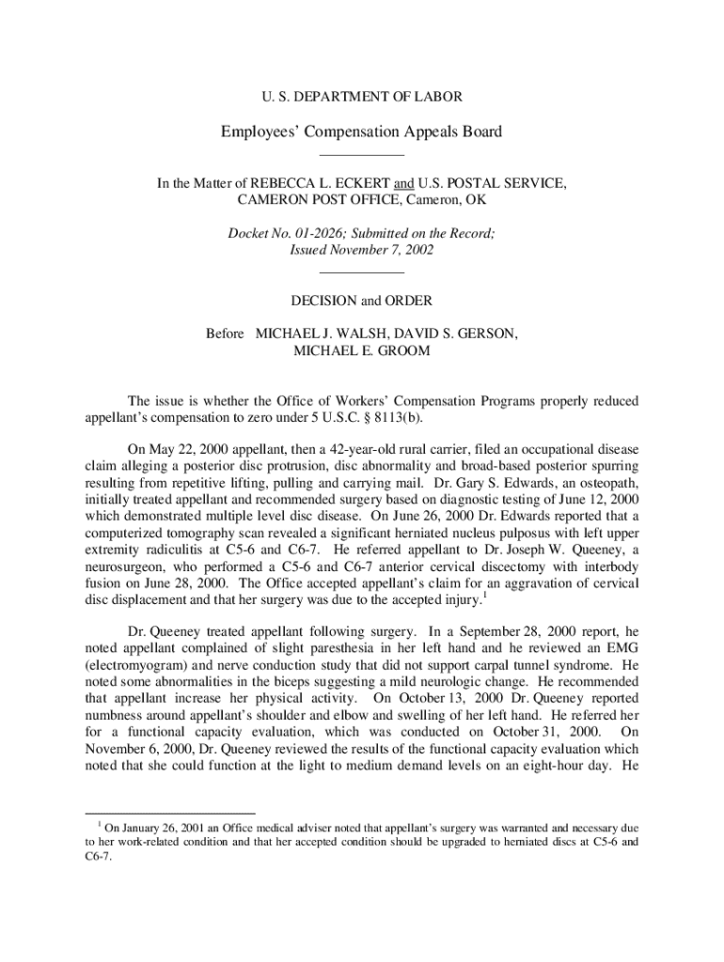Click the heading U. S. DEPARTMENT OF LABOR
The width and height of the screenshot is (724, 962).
tap(361, 97)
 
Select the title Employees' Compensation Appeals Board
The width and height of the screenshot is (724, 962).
tap(361, 132)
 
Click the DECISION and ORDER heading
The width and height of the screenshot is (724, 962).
tap(361, 301)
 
